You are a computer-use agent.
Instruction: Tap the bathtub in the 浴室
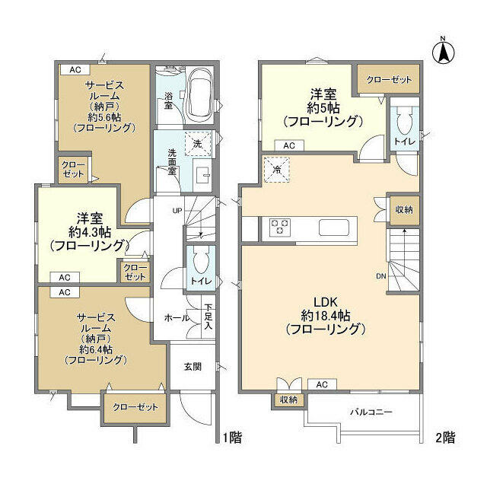[x=201, y=96]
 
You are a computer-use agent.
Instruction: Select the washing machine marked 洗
[x=198, y=143]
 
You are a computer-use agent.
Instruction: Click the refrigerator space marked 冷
[x=276, y=170]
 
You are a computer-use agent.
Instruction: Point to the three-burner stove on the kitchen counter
[x=280, y=226]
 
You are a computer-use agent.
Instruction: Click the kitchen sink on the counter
[x=333, y=228]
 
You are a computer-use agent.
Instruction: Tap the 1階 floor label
[x=232, y=438]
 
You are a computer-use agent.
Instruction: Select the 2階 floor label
[x=445, y=438]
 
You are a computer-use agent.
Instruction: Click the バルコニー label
[x=371, y=412]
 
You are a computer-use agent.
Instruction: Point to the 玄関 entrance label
[x=193, y=367]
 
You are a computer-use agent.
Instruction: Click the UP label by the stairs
[x=177, y=211]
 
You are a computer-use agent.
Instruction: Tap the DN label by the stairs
[x=381, y=275]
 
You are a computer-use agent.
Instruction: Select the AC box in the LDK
[x=322, y=384]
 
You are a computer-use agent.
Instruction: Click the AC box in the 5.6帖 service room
[x=75, y=69]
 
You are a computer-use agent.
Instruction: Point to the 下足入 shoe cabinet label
[x=208, y=317]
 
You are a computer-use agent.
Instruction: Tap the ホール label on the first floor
[x=177, y=318]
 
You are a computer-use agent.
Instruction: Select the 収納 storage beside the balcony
[x=288, y=399]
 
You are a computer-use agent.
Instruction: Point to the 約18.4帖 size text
[x=326, y=316]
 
